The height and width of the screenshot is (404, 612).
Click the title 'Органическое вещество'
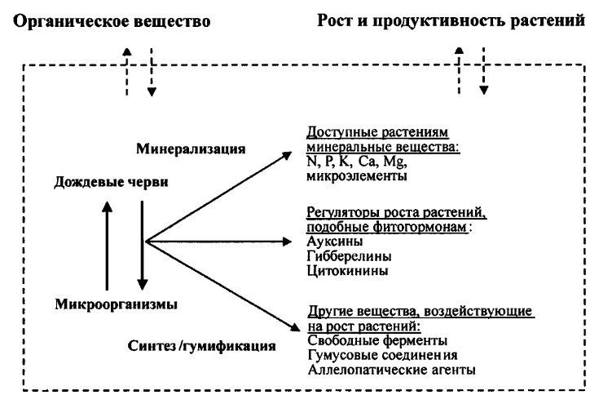(112, 22)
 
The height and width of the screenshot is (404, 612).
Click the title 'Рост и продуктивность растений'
(451, 20)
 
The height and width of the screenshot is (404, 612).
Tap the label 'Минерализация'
(191, 149)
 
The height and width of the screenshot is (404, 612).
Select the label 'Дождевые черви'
(111, 182)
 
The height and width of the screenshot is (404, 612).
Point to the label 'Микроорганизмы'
(116, 304)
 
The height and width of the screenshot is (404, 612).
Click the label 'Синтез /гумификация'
(201, 346)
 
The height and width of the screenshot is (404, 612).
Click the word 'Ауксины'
(334, 241)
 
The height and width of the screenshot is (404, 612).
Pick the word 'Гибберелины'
(349, 256)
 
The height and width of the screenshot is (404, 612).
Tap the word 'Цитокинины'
(347, 271)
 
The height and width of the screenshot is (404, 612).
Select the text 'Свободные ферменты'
(377, 340)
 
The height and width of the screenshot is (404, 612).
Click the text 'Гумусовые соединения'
(382, 355)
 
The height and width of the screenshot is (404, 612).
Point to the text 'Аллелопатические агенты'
(391, 370)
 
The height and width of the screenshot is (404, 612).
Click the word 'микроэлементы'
(357, 175)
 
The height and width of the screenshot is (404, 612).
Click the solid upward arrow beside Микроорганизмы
(107, 246)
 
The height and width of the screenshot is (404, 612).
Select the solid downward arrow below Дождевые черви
(142, 246)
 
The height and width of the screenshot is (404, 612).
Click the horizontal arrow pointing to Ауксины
(218, 242)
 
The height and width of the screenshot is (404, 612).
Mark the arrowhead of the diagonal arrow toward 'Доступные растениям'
(288, 155)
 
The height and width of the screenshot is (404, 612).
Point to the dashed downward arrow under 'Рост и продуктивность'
(483, 71)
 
